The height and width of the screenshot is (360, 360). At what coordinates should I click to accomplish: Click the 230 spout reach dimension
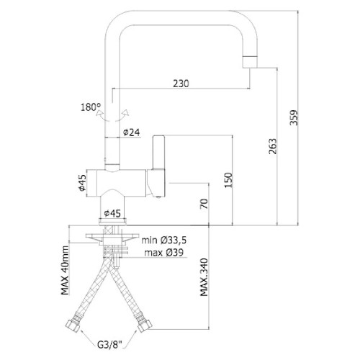click(x=181, y=84)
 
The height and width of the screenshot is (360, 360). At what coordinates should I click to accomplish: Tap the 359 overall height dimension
click(x=294, y=117)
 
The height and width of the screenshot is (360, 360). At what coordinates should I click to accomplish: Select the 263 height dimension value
click(x=273, y=146)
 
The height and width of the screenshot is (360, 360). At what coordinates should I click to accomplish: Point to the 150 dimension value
click(x=228, y=180)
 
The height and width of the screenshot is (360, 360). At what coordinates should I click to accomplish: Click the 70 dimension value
click(x=204, y=204)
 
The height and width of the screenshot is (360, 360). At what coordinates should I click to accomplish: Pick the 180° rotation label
click(x=91, y=107)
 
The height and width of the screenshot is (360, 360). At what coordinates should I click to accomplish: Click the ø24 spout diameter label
click(x=131, y=132)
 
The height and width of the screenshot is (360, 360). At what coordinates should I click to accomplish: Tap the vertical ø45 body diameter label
click(x=82, y=183)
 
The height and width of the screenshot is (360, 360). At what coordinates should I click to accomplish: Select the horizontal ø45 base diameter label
click(x=112, y=213)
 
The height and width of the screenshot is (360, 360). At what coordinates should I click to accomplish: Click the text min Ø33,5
click(x=164, y=240)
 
